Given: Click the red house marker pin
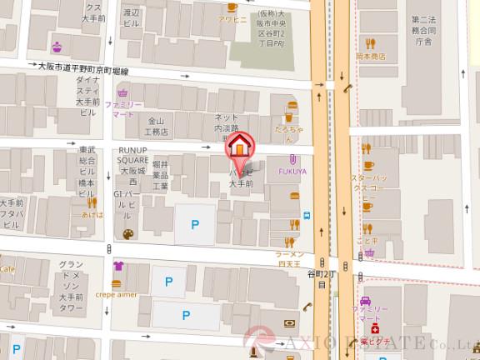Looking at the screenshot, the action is (238, 147).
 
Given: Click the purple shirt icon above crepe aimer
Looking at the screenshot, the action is (117, 267).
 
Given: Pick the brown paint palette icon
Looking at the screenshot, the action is (127, 235).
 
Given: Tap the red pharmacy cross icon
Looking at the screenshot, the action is (364, 329).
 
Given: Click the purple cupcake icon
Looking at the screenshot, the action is (57, 46).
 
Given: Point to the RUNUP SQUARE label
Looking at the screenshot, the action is (132, 156).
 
